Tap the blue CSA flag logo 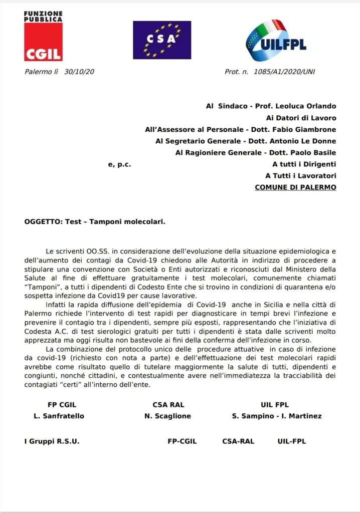161,40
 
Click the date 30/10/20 79,72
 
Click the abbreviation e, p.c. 119,164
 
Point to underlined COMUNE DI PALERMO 295,187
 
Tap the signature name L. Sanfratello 59,416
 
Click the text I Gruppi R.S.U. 52,441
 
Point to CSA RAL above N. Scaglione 170,405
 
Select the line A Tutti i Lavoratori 300,175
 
